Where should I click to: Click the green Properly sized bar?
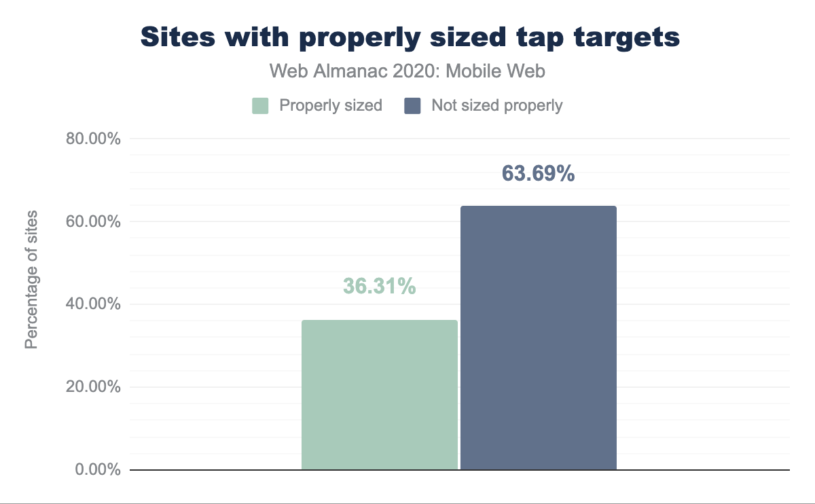coord(379,395)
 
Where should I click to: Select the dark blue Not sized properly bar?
coord(539,338)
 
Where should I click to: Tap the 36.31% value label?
coord(379,287)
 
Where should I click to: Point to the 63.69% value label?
coord(539,174)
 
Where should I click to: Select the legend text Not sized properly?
coord(497,106)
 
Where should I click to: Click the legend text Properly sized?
coord(331,106)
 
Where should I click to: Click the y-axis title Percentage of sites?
coord(31,280)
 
